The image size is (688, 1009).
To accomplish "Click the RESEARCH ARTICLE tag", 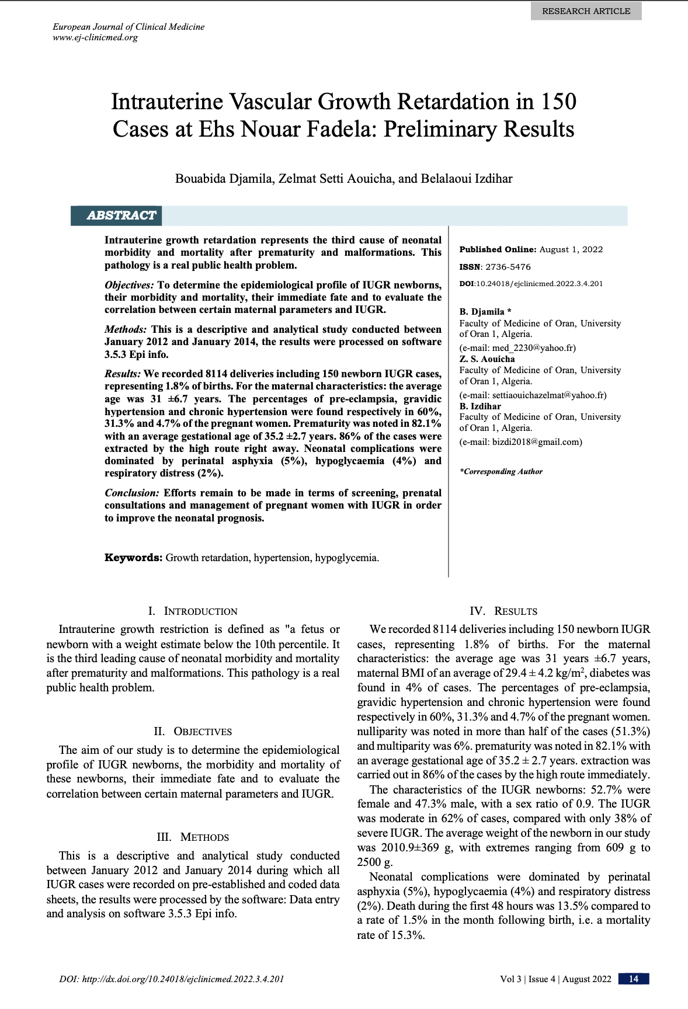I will pyautogui.click(x=586, y=11).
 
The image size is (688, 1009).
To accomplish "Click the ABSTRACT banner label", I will pyautogui.click(x=121, y=215).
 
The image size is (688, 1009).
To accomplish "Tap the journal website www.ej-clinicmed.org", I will pyautogui.click(x=95, y=37).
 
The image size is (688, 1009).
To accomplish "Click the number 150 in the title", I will pyautogui.click(x=558, y=102).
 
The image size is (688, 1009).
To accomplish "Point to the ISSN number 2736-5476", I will pyautogui.click(x=508, y=267).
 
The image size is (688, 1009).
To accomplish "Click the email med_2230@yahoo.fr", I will pyautogui.click(x=533, y=347).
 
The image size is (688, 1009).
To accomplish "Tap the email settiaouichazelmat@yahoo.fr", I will pyautogui.click(x=549, y=395).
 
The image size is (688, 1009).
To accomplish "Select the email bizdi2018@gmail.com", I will pyautogui.click(x=537, y=441).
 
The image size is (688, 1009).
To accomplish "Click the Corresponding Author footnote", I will pyautogui.click(x=501, y=471).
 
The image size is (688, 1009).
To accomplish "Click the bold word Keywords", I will pyautogui.click(x=133, y=558).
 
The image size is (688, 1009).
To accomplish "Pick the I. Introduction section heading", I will pyautogui.click(x=193, y=611).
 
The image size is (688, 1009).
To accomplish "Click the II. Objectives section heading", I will pyautogui.click(x=193, y=732).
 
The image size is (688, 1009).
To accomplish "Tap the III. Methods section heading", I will pyautogui.click(x=193, y=837).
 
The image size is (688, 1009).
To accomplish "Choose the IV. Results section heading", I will pyautogui.click(x=503, y=611).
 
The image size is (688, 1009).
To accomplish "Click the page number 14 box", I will pyautogui.click(x=634, y=979).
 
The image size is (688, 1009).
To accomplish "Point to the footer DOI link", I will pyautogui.click(x=172, y=979).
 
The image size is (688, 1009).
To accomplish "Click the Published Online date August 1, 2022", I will pyautogui.click(x=571, y=249).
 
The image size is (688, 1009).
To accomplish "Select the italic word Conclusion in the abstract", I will pyautogui.click(x=131, y=493).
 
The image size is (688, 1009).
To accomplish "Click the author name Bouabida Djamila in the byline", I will pyautogui.click(x=224, y=179).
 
